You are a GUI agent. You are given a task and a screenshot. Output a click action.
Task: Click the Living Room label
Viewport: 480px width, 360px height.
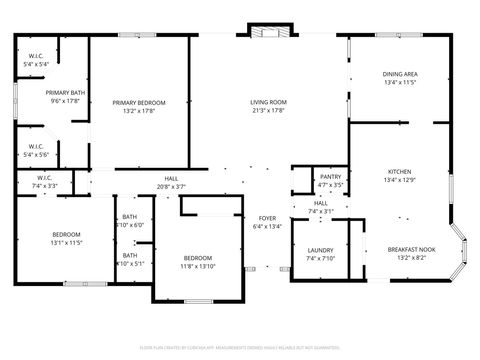pyautogui.click(x=268, y=102)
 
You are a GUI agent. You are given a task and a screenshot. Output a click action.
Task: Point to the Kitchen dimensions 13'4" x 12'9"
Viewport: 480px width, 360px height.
pyautogui.click(x=399, y=180)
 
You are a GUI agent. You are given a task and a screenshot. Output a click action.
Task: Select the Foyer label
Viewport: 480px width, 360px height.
pyautogui.click(x=267, y=218)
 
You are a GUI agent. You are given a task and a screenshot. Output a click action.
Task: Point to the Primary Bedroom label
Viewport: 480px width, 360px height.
pyautogui.click(x=139, y=102)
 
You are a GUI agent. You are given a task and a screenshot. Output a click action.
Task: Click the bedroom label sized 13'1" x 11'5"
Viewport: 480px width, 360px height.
pyautogui.click(x=66, y=236)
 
